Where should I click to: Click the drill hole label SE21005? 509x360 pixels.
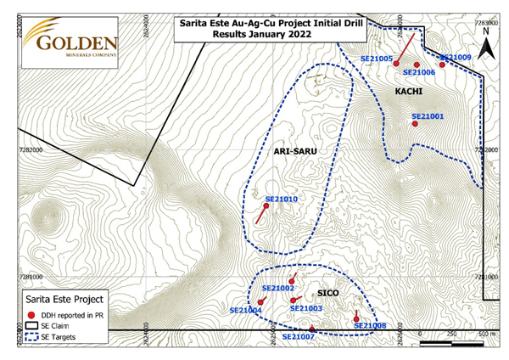(377, 59)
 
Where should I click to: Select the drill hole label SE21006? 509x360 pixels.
(419, 73)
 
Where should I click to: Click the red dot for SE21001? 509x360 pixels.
(415, 124)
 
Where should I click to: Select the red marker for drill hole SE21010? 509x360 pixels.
(266, 206)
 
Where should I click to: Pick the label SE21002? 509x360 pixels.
(277, 289)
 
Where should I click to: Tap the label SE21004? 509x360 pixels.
(245, 311)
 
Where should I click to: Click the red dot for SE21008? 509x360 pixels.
(355, 319)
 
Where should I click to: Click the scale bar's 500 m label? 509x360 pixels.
(487, 335)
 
